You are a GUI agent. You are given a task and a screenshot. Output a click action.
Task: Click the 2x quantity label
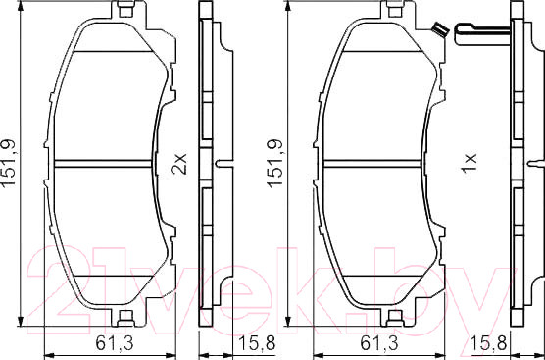(x=177, y=162)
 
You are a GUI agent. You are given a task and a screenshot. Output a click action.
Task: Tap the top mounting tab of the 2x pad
(x=124, y=11)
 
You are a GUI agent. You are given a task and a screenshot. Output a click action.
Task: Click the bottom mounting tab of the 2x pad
(x=124, y=316)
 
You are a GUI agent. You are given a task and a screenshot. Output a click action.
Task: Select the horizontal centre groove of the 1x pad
(x=372, y=162)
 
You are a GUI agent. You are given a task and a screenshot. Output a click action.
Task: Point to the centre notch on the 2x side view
(x=223, y=162)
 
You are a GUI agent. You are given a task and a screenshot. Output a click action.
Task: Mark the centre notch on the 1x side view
(x=534, y=162)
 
